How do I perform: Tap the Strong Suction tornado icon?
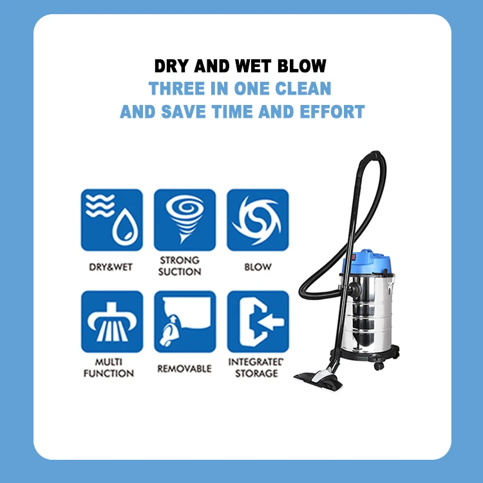(184, 220)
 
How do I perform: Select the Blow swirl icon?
(258, 220)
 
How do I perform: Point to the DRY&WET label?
(111, 267)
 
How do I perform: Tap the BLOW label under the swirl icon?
(258, 267)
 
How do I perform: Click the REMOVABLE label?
(184, 369)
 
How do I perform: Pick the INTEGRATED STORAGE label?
(256, 368)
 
